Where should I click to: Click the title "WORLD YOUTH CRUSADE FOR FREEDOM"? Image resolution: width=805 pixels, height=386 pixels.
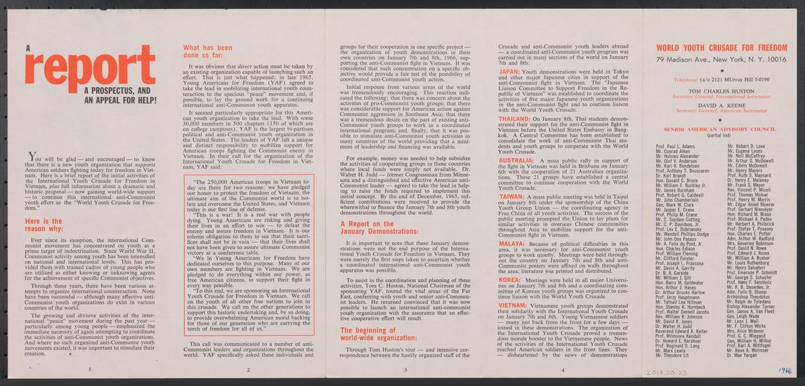[721, 48]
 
